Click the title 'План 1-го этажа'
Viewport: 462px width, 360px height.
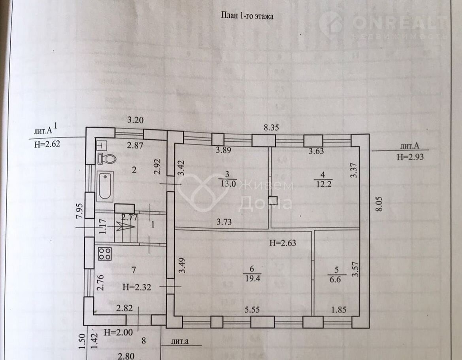[x=247, y=16]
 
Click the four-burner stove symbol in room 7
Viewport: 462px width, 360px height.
[x=104, y=254]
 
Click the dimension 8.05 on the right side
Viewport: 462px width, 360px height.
[x=380, y=205]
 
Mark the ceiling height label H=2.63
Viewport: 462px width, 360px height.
[x=283, y=243]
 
